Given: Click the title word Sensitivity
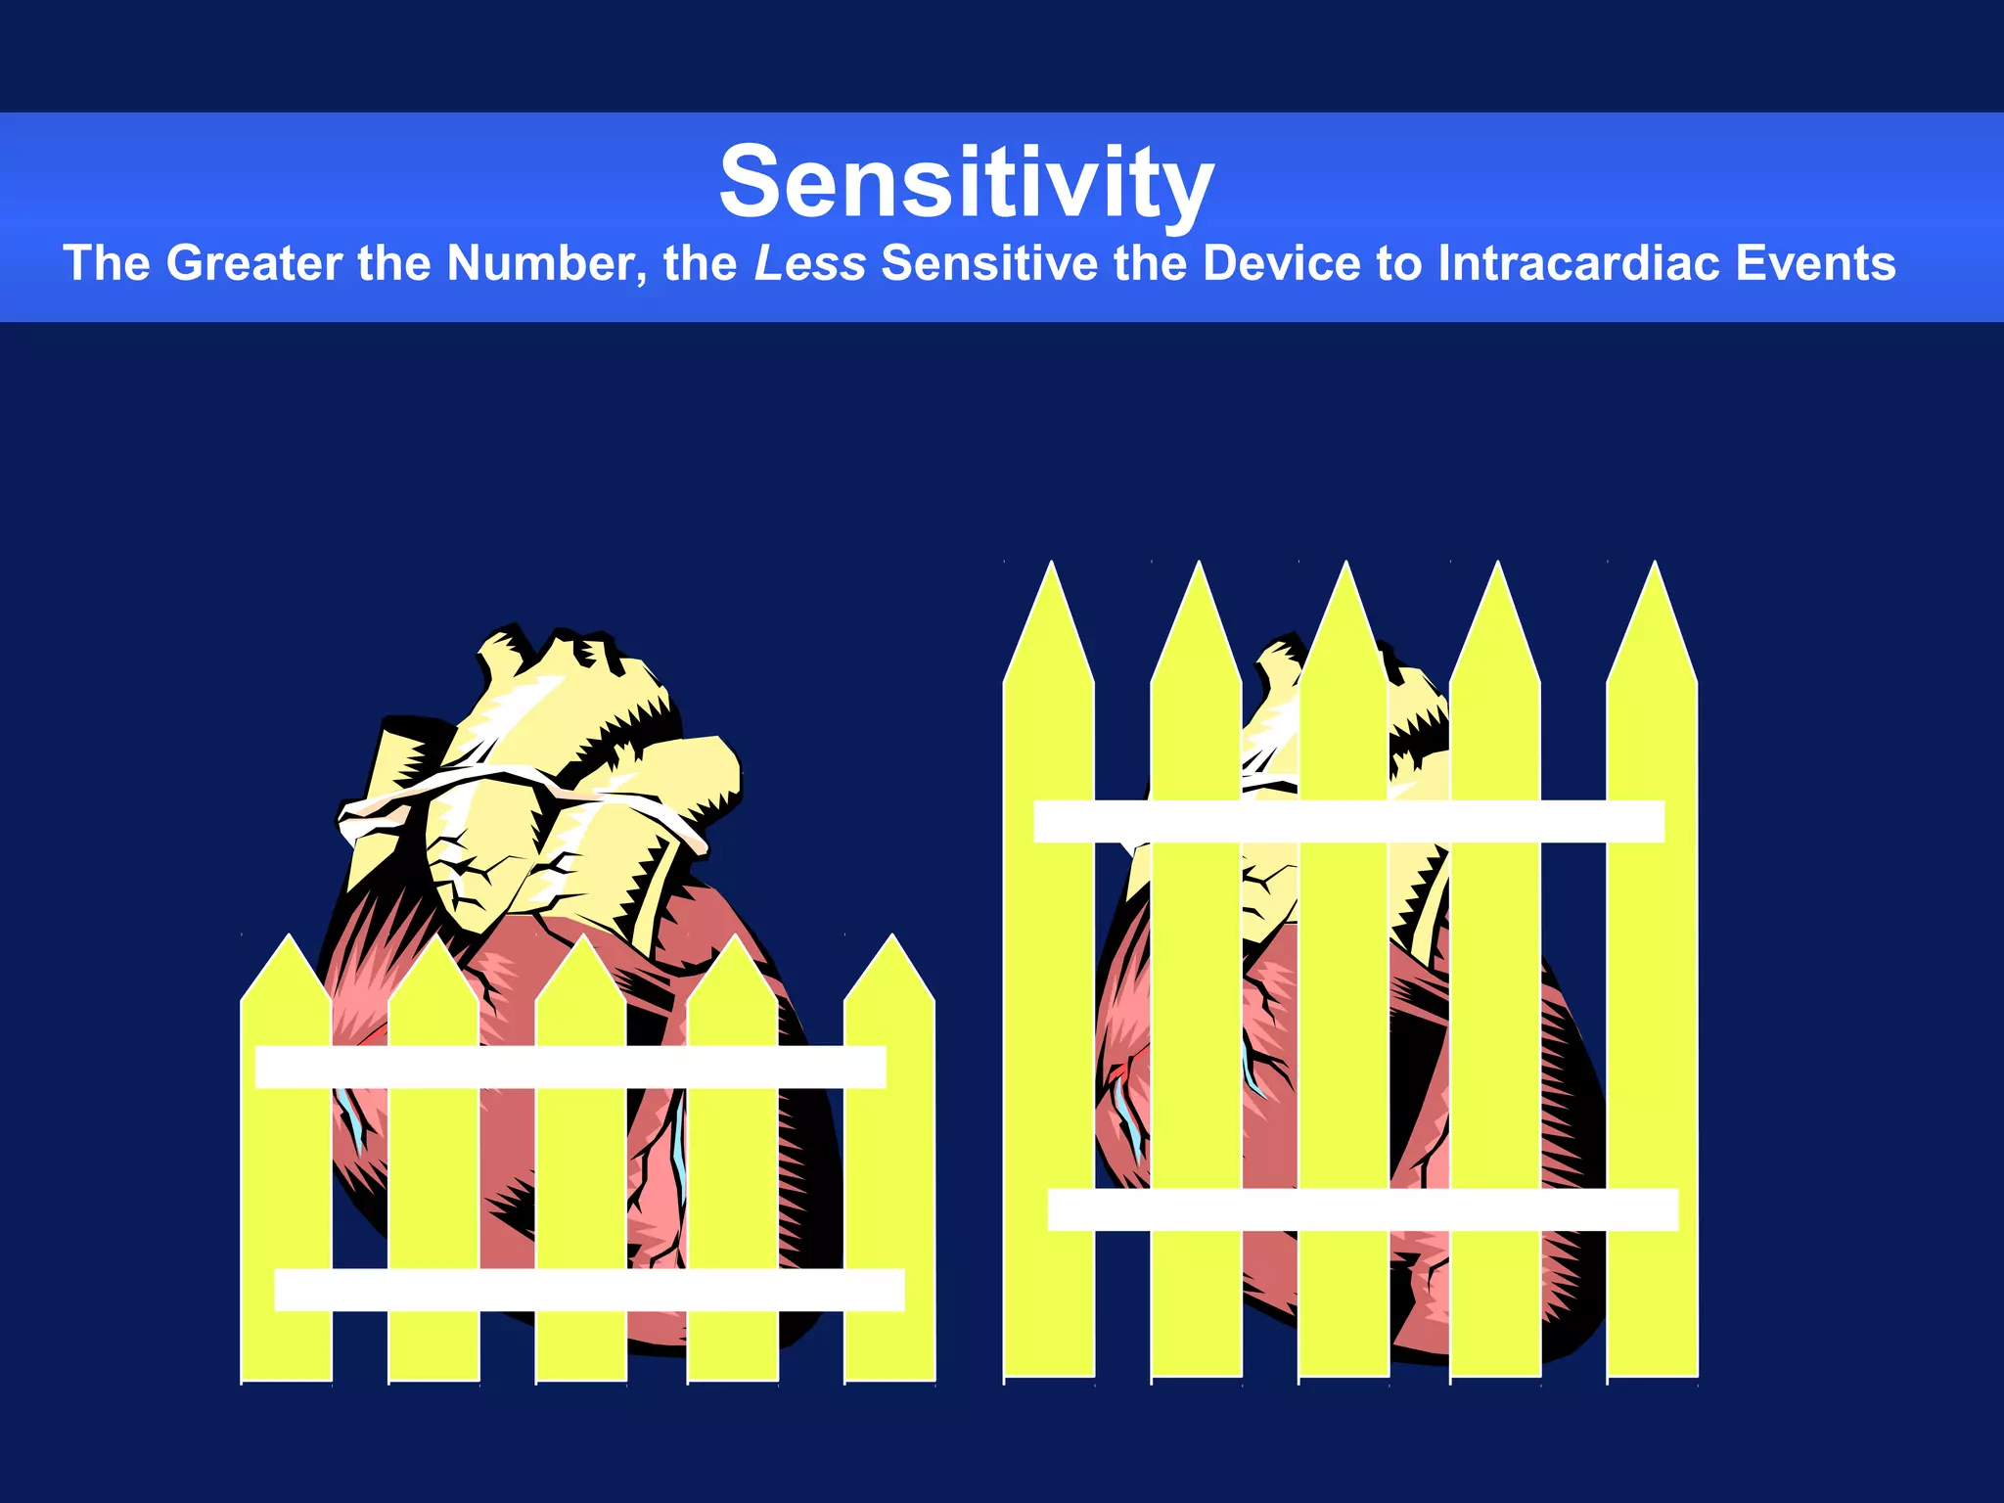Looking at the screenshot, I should coord(967,183).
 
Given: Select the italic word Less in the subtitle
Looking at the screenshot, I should coord(809,263).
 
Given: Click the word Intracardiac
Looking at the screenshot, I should coord(1578,263).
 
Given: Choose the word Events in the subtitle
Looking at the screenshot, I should coord(1815,263).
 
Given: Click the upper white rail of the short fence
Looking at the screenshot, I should coord(570,1067).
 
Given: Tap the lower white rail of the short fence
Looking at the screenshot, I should coord(589,1290).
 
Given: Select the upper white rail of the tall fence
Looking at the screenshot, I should coord(1348,821).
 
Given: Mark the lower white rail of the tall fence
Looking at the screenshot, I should coord(1363,1209).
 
